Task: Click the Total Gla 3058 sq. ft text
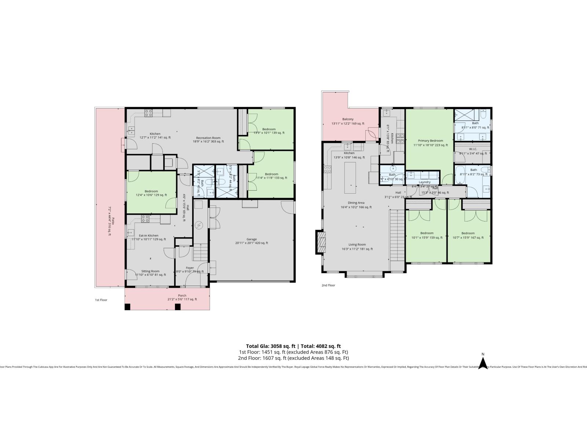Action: tap(270, 346)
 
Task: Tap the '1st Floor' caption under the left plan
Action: tap(101, 300)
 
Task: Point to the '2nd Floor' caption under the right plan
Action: tap(328, 285)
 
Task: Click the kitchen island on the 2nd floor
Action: tap(350, 178)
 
